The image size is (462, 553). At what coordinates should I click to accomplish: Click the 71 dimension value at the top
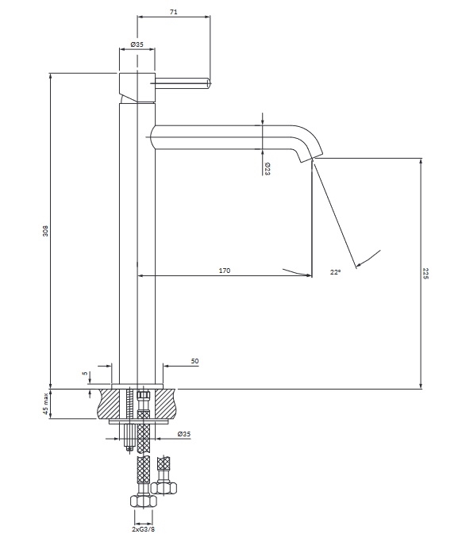[173, 12]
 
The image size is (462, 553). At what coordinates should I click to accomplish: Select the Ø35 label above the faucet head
[137, 44]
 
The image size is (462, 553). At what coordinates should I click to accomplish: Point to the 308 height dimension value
[45, 231]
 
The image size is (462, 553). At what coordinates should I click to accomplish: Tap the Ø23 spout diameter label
[268, 169]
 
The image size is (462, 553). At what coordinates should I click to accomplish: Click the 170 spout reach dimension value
[225, 271]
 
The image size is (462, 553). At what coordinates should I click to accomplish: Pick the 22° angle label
[336, 272]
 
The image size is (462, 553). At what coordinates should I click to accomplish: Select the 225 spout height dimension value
[425, 274]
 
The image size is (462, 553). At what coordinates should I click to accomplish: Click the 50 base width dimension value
[194, 361]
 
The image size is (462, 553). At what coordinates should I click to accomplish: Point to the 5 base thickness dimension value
[85, 373]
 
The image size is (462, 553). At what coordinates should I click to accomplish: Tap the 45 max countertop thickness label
[45, 404]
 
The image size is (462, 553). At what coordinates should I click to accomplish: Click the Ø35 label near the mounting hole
[184, 434]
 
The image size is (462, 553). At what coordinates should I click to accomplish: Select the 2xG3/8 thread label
[144, 529]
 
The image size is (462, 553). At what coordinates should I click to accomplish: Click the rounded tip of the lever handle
[209, 83]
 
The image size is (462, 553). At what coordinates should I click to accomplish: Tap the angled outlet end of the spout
[311, 158]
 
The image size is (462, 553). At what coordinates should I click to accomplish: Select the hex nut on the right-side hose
[164, 488]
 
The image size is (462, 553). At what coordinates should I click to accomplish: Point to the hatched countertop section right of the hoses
[164, 404]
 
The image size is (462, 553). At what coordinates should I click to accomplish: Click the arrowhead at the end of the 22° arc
[359, 264]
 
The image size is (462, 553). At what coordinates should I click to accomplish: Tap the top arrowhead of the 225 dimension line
[421, 161]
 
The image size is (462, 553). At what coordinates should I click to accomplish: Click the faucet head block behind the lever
[137, 87]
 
